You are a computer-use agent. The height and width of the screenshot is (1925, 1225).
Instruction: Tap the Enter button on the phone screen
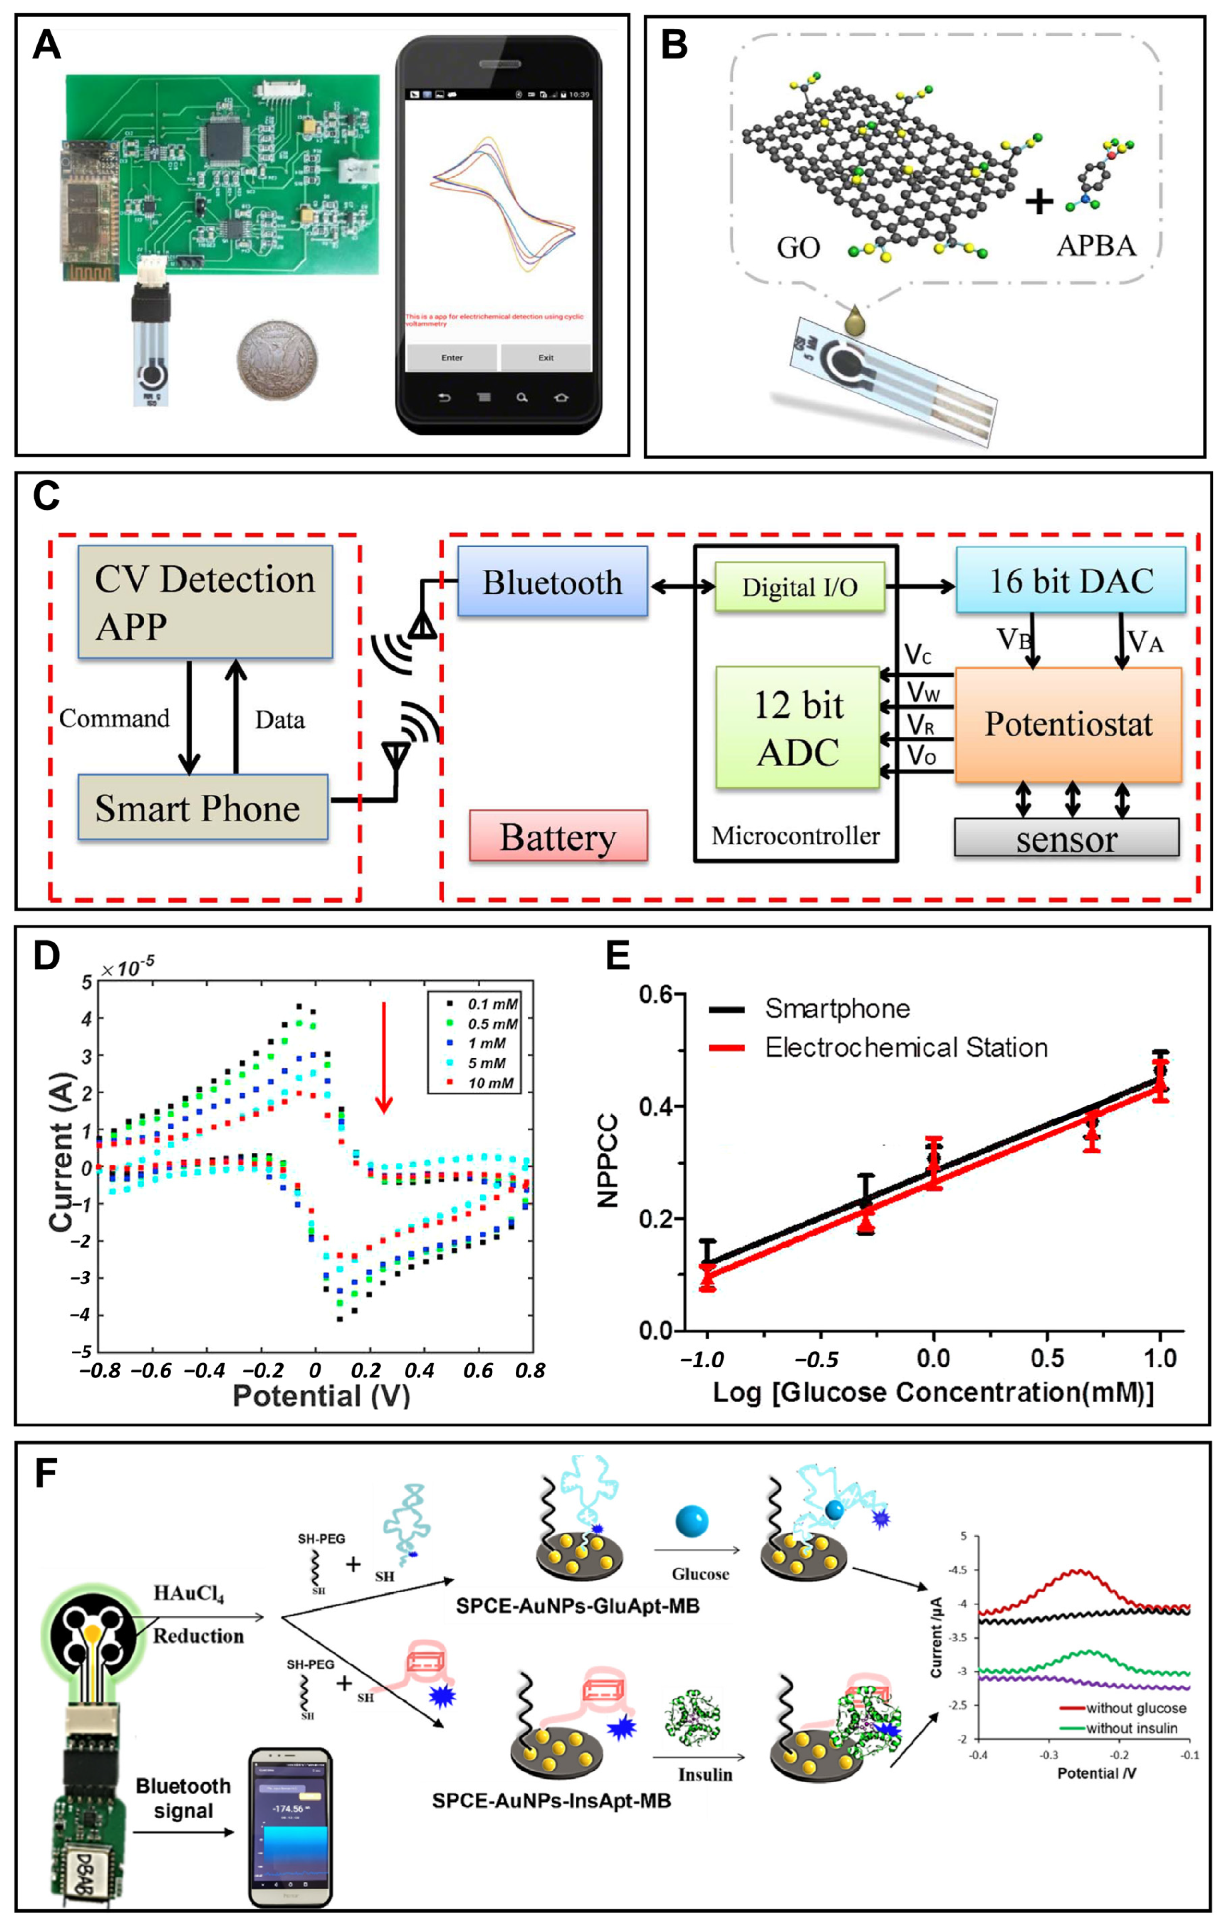(x=452, y=357)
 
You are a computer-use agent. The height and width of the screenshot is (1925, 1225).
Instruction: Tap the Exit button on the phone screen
(x=545, y=357)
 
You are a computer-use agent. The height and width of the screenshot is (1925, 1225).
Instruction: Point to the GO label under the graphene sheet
(x=798, y=248)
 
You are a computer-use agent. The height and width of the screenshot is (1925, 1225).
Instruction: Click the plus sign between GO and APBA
(x=1039, y=202)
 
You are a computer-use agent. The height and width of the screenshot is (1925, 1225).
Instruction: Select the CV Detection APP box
(x=204, y=601)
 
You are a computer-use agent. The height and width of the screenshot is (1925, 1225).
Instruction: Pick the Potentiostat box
(x=1069, y=724)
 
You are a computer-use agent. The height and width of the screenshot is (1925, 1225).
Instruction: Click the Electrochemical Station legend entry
(x=905, y=1047)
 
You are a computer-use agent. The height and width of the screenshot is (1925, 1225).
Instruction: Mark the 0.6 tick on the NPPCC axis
(x=658, y=994)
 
